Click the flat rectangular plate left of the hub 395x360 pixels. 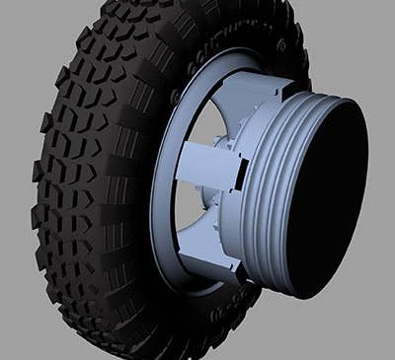click(203, 169)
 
